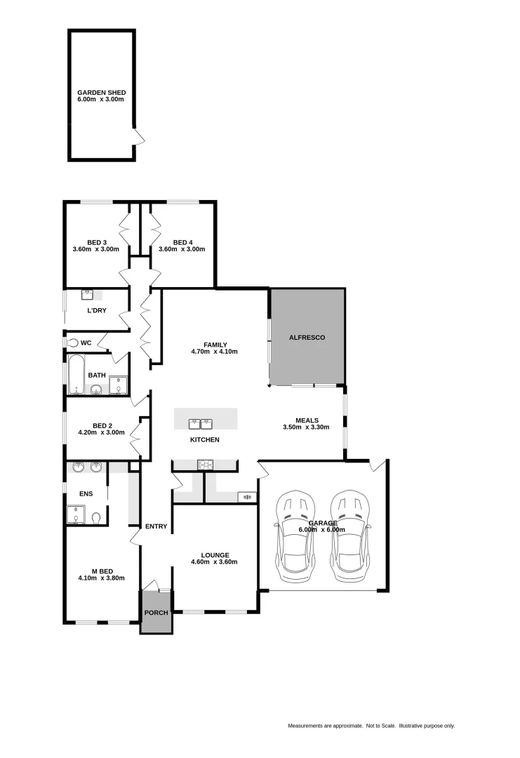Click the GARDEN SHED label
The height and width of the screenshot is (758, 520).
[x=101, y=92]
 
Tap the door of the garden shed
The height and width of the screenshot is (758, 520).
[x=139, y=137]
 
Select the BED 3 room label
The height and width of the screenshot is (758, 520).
[x=96, y=242]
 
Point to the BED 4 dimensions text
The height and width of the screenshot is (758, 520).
[x=182, y=249]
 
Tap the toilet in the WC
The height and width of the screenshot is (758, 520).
[x=72, y=343]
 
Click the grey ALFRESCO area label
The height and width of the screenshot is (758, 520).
[x=307, y=338]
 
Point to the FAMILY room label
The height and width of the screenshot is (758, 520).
[x=215, y=345]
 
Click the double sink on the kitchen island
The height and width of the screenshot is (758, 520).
[x=201, y=423]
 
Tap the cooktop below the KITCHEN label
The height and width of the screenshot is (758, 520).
[x=206, y=464]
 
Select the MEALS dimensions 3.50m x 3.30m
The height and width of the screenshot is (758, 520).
[x=306, y=427]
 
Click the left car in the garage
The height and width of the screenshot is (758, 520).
[x=296, y=536]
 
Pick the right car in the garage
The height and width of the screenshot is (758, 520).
[x=350, y=536]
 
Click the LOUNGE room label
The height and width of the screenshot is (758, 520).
[x=215, y=554]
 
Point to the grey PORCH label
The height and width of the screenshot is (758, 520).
[x=156, y=613]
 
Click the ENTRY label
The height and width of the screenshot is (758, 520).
[x=156, y=526]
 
